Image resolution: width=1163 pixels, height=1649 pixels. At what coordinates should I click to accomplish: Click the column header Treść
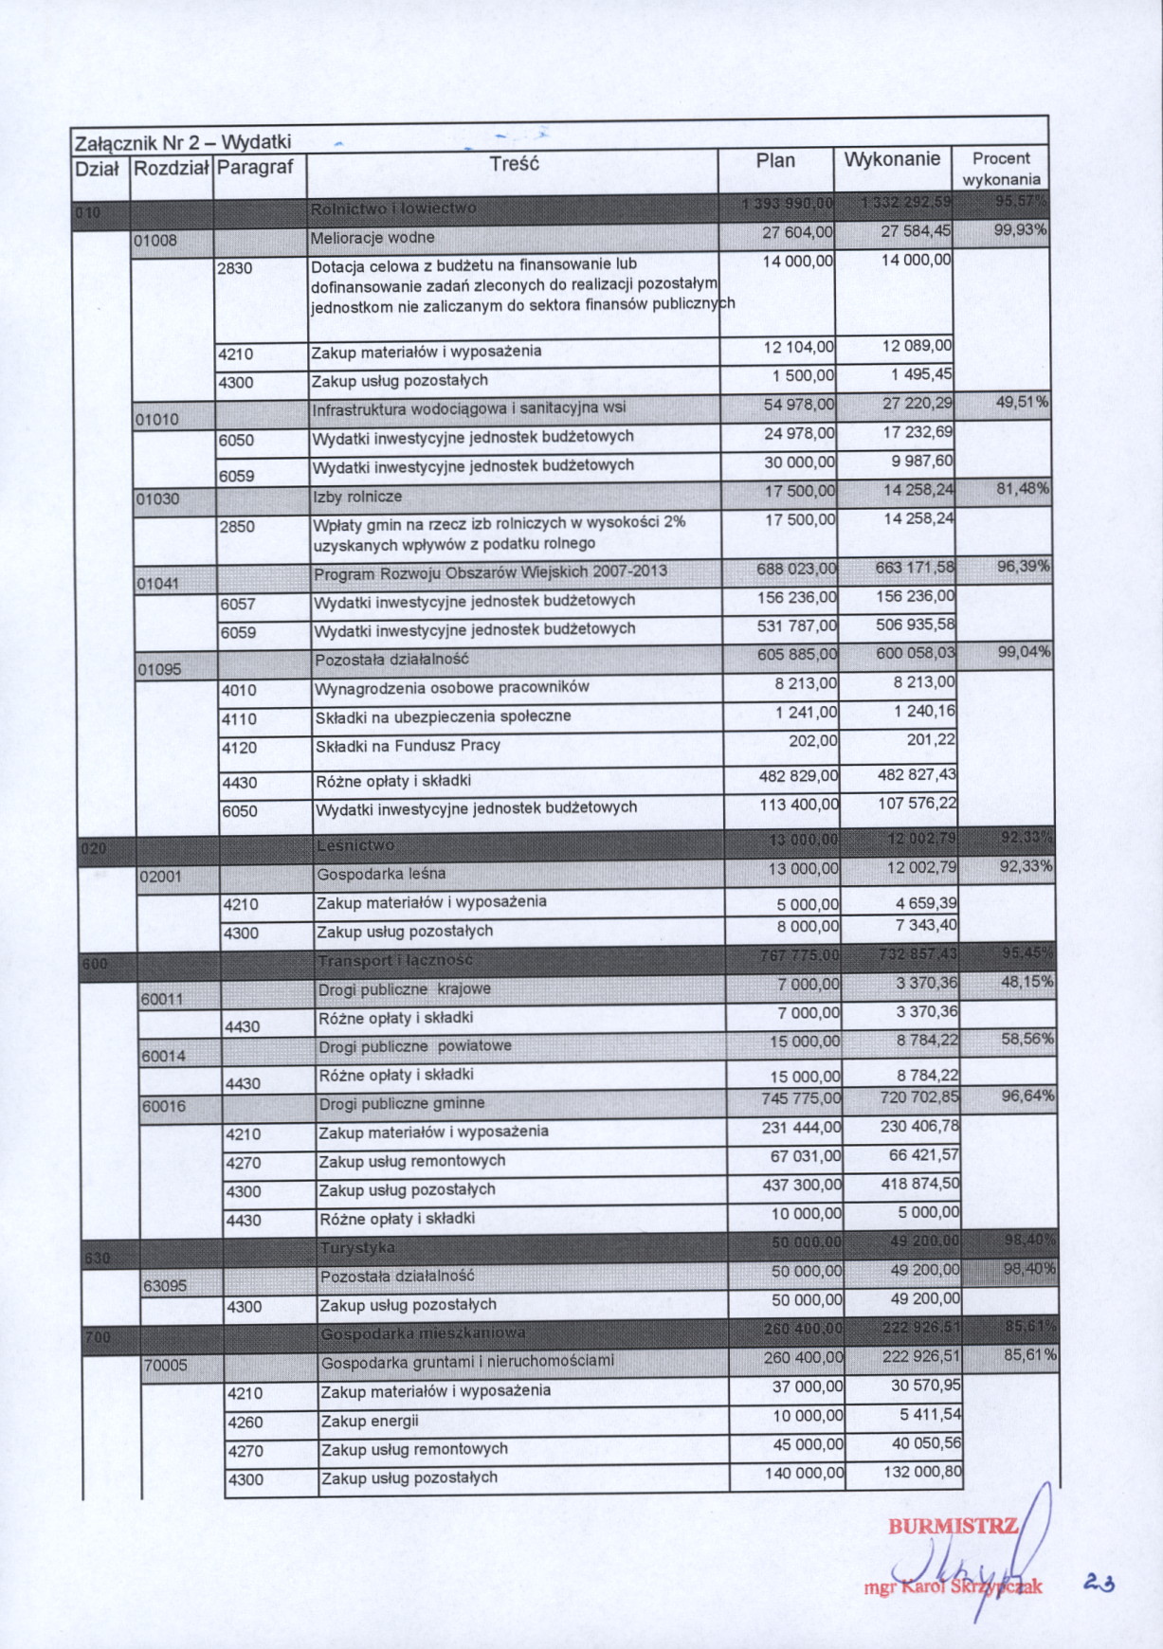click(x=514, y=164)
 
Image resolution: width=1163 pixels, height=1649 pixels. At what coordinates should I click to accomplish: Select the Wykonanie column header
click(x=892, y=159)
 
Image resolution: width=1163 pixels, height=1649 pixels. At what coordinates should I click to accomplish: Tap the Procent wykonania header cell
click(x=1001, y=169)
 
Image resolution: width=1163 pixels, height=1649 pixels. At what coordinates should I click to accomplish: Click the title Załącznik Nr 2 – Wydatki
click(x=182, y=143)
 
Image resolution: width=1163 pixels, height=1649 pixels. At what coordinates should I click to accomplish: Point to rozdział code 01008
click(x=155, y=241)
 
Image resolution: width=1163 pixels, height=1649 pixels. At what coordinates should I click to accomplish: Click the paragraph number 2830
click(x=235, y=269)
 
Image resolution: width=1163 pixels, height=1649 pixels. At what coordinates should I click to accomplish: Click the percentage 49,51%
click(x=1022, y=403)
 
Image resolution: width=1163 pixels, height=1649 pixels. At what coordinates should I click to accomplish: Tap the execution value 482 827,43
click(x=917, y=775)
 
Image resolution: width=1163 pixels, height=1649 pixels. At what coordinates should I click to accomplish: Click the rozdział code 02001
click(x=160, y=877)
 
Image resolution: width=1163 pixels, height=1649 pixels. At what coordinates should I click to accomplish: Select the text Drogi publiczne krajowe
click(x=405, y=989)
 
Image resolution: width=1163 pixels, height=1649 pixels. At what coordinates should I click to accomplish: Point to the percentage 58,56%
click(x=1027, y=1040)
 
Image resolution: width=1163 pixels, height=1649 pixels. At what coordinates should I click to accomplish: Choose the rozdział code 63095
click(x=165, y=1287)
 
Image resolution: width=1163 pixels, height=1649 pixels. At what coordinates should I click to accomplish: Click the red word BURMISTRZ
click(x=953, y=1527)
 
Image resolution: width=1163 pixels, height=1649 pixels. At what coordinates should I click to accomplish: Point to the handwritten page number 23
click(x=1099, y=1582)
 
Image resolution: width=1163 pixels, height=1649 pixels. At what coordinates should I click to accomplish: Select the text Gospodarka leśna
click(x=381, y=874)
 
